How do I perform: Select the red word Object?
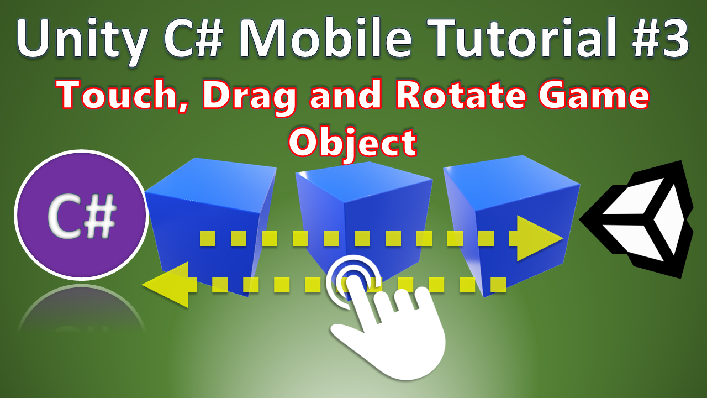[352, 143]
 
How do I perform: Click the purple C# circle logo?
[81, 215]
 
